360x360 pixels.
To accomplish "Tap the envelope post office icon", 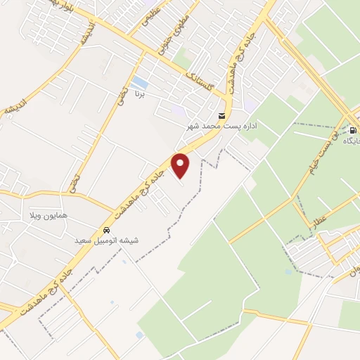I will click(222, 116).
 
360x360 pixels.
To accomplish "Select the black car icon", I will click(106, 230).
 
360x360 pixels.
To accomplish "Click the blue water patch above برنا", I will click(139, 82).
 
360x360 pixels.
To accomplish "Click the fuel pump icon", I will click(353, 131).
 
